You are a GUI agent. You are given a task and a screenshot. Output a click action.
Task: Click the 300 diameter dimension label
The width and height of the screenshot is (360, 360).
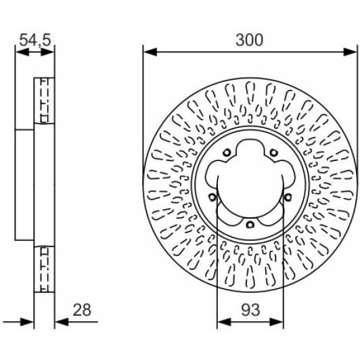[249, 40]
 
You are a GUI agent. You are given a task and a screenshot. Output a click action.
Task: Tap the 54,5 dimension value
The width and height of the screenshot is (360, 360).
[35, 40]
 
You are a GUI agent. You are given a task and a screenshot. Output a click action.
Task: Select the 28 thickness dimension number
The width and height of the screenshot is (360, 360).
[82, 310]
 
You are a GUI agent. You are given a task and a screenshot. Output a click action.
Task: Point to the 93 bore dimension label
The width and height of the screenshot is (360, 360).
[250, 310]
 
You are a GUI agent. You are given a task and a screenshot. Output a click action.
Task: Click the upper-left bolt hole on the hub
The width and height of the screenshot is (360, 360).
[227, 152]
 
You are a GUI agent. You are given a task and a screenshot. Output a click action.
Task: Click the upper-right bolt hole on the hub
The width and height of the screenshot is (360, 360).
[273, 152]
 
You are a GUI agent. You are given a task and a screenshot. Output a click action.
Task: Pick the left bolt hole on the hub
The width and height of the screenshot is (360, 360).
[212, 197]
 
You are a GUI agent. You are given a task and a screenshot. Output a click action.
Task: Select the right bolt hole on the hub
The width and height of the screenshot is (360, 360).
[288, 197]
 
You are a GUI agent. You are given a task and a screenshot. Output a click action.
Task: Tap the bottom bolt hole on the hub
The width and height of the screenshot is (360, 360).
[250, 225]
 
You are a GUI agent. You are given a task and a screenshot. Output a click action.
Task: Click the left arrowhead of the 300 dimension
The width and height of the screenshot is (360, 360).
[150, 52]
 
